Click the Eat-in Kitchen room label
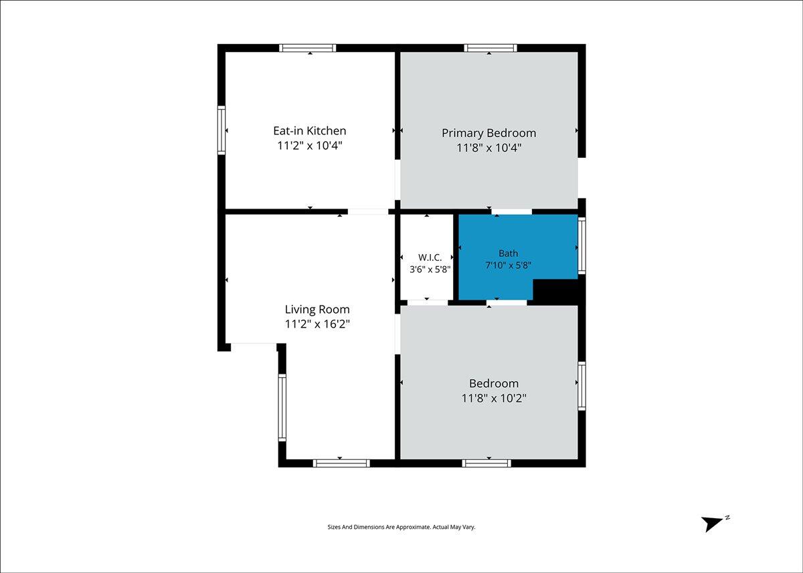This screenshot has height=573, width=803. click(x=310, y=131)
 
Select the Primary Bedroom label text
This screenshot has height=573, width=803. click(x=489, y=133)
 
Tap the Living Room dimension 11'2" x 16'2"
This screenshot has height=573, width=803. click(x=317, y=324)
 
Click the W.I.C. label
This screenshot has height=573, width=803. click(x=430, y=257)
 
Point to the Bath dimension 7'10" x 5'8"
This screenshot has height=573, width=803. click(x=509, y=265)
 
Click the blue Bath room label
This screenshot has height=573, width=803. click(x=509, y=253)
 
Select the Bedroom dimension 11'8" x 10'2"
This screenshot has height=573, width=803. click(x=494, y=398)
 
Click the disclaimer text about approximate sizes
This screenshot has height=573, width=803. click(x=401, y=527)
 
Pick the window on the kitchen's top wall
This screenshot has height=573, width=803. click(x=308, y=48)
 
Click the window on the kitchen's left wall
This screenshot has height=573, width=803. click(x=221, y=130)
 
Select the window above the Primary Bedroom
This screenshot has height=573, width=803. click(x=490, y=48)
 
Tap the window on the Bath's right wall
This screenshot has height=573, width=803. click(x=582, y=245)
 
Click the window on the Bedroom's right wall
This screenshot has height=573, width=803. click(x=582, y=386)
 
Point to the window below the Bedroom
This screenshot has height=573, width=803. click(x=487, y=463)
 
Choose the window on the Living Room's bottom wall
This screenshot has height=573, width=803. click(x=341, y=463)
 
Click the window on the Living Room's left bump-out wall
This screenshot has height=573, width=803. click(x=282, y=408)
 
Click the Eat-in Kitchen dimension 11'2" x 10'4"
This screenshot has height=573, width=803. click(x=310, y=146)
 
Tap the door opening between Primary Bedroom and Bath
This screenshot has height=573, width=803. click(x=511, y=212)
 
